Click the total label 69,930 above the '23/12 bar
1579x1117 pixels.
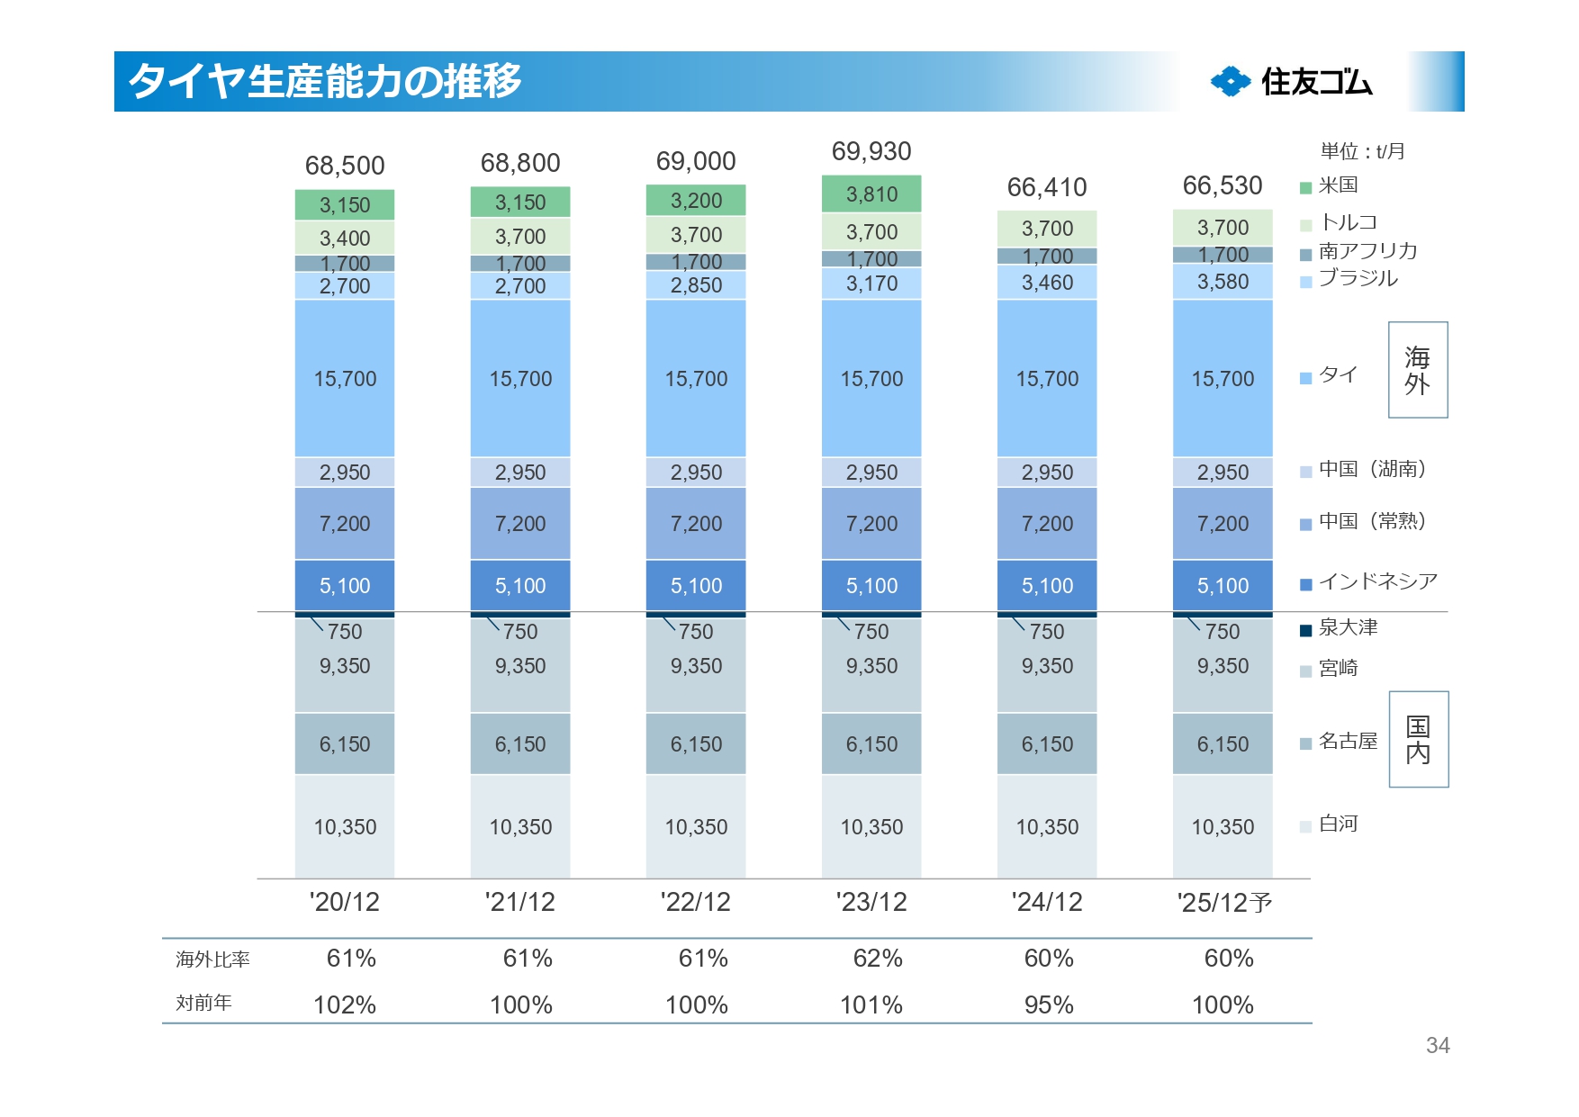coord(871,151)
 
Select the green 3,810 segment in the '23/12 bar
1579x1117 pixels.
coord(871,194)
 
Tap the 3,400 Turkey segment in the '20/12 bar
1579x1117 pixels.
coord(345,239)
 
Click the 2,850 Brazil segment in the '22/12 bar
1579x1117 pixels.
coord(696,285)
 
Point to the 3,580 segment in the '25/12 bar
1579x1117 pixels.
coord(1223,282)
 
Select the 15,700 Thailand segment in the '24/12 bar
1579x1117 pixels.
coord(1047,379)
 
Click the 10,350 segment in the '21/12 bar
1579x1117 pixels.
coord(520,827)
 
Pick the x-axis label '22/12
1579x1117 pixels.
coord(695,902)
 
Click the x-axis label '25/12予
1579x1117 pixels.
coord(1224,903)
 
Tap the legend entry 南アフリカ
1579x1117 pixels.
coord(1367,251)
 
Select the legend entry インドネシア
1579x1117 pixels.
coord(1377,581)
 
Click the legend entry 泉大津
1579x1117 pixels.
coord(1348,627)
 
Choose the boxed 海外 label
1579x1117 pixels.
coord(1418,370)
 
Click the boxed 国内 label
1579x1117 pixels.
coord(1418,739)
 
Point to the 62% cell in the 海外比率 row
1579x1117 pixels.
coord(878,959)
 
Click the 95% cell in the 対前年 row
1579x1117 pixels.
coord(1049,1004)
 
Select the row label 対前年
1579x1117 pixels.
coord(203,1003)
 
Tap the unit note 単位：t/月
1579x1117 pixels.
coord(1362,151)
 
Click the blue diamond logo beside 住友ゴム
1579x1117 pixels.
coord(1231,82)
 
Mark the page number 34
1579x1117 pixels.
coord(1438,1045)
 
